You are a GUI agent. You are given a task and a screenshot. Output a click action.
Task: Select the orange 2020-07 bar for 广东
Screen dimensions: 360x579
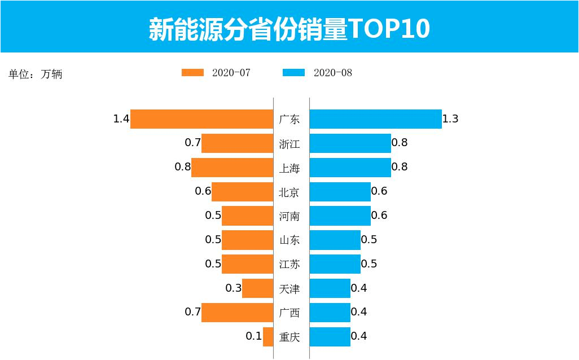point(201,119)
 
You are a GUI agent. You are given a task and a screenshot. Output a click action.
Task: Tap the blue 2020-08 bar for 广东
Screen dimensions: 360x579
point(375,119)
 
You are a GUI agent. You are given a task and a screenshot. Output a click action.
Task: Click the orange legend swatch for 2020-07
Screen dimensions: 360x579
point(192,73)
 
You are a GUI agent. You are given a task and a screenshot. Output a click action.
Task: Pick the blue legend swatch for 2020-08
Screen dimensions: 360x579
point(293,73)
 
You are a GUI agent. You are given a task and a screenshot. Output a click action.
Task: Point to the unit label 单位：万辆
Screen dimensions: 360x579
point(35,74)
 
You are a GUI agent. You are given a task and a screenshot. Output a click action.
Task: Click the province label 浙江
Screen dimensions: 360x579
point(289,144)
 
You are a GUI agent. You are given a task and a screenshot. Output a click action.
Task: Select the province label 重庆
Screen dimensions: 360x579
point(289,337)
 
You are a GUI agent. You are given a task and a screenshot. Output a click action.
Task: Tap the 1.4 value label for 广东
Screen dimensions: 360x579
point(121,119)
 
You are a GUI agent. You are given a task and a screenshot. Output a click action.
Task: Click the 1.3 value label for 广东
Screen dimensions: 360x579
point(450,119)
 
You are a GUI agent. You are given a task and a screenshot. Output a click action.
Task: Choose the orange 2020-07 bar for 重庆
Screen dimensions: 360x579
point(268,337)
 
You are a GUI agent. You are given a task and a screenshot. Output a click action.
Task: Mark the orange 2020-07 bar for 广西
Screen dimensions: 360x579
point(237,313)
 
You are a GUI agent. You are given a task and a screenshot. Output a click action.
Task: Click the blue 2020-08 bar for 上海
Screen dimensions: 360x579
point(350,168)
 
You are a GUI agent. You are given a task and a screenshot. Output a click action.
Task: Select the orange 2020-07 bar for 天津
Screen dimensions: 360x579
point(257,288)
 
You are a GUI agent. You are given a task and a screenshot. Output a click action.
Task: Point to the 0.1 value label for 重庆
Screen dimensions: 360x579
point(254,336)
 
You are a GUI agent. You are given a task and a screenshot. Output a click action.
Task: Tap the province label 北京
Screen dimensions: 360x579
point(289,192)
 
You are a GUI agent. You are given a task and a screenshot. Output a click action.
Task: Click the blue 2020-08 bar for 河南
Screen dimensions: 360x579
point(340,216)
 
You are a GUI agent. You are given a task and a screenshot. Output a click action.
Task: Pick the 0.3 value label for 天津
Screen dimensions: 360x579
point(234,288)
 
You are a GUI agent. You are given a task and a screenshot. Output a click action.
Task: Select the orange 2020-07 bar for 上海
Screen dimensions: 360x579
point(232,168)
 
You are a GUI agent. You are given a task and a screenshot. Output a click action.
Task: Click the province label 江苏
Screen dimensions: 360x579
point(289,264)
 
